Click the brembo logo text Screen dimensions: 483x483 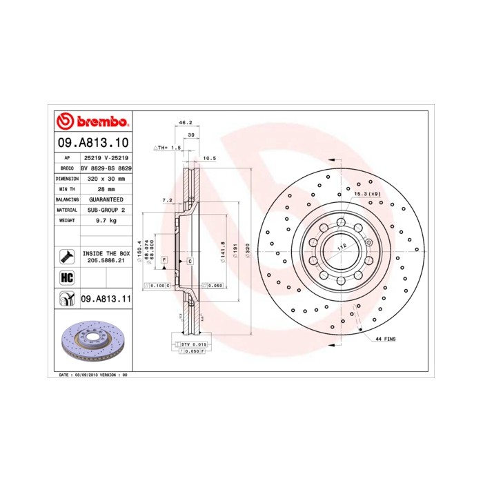[99, 122]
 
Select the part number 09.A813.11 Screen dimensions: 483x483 [106, 299]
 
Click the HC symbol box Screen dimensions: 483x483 [67, 277]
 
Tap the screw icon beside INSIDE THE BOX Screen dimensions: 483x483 [67, 257]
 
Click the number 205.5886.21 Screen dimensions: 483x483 [106, 262]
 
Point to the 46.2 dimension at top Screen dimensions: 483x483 [185, 122]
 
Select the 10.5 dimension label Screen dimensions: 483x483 [210, 158]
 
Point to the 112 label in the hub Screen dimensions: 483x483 [340, 246]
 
